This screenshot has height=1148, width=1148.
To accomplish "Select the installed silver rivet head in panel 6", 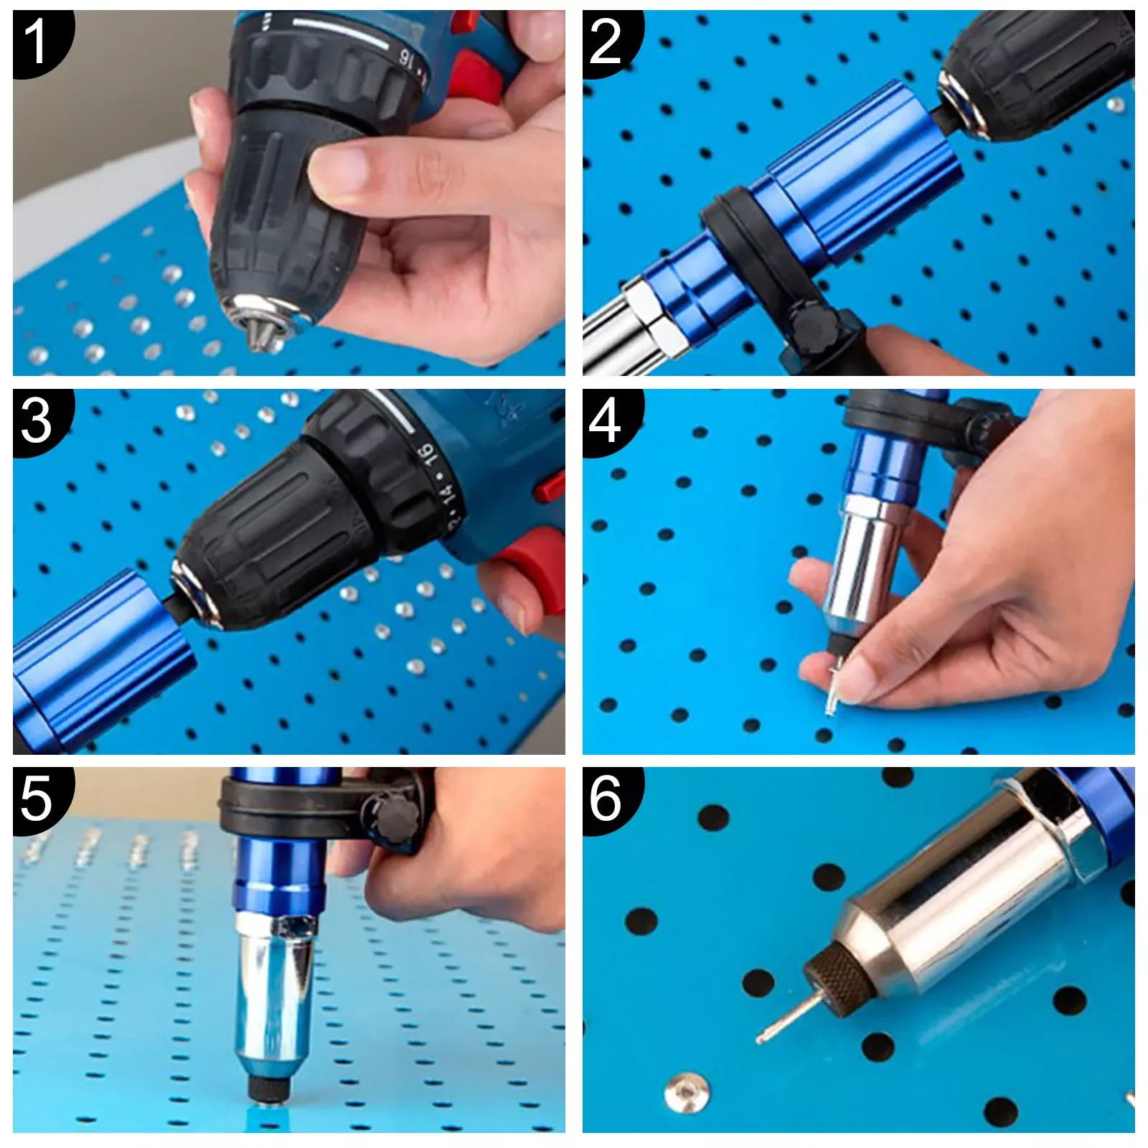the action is pos(686,1093).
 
